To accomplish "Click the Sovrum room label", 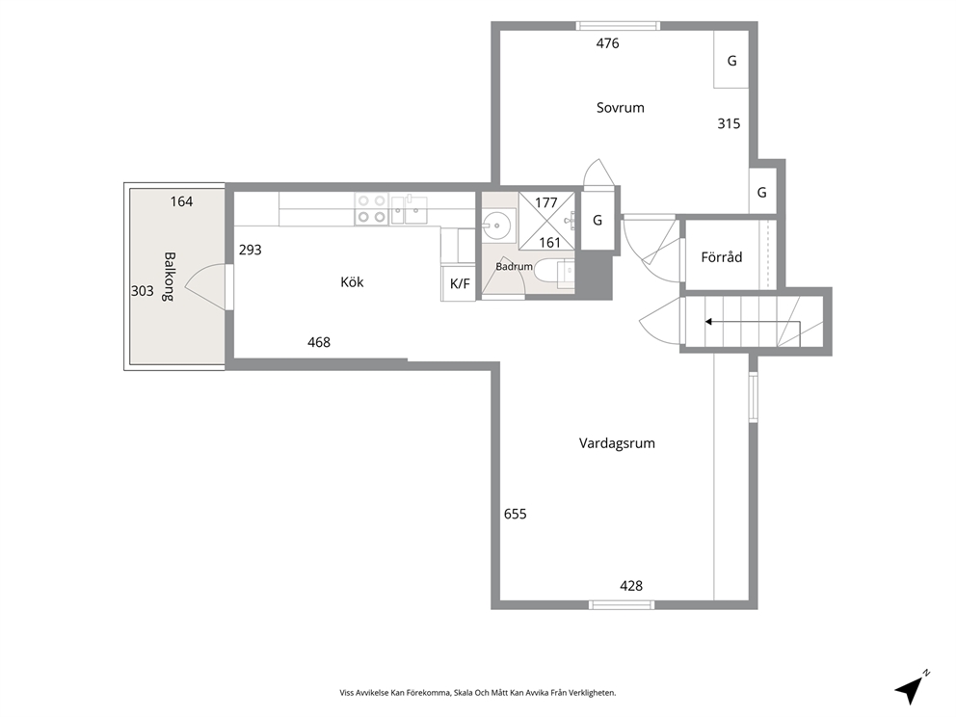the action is pyautogui.click(x=620, y=108).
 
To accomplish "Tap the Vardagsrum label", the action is pyautogui.click(x=617, y=443).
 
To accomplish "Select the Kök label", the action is pyautogui.click(x=352, y=281).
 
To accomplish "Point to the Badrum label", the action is pyautogui.click(x=514, y=266).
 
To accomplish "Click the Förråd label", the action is pyautogui.click(x=721, y=256).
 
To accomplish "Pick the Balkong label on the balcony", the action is pyautogui.click(x=169, y=277).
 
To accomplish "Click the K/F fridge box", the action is pyautogui.click(x=459, y=283).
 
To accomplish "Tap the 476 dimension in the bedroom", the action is pyautogui.click(x=607, y=43).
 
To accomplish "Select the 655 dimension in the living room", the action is pyautogui.click(x=516, y=514).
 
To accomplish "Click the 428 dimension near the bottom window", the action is pyautogui.click(x=631, y=586).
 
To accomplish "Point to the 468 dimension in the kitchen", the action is pyautogui.click(x=319, y=343).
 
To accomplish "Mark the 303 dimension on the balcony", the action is pyautogui.click(x=142, y=291).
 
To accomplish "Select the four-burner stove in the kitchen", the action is pyautogui.click(x=372, y=208).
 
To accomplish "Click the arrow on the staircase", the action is pyautogui.click(x=752, y=321).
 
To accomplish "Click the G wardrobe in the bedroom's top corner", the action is pyautogui.click(x=731, y=60).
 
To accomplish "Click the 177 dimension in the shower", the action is pyautogui.click(x=546, y=202).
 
